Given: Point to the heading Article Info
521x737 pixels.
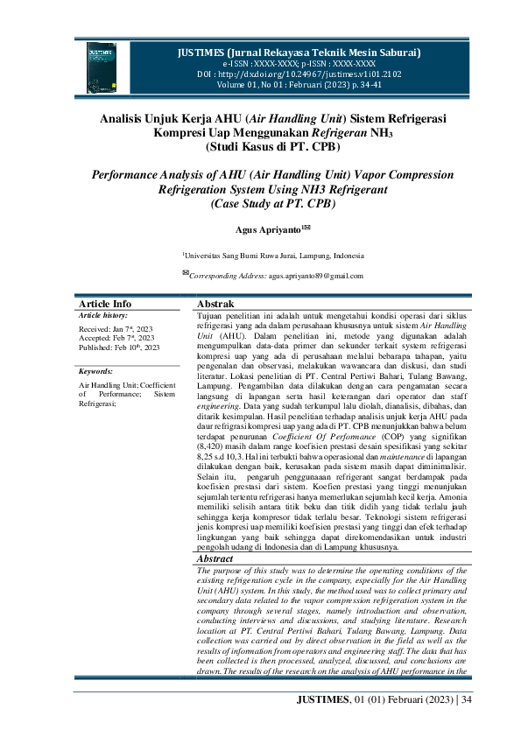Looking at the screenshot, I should click(105, 304).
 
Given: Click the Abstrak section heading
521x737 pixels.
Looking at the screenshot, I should click(215, 304).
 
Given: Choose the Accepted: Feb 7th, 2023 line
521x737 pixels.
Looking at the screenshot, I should click(116, 337).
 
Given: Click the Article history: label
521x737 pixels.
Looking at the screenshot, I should click(102, 314).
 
